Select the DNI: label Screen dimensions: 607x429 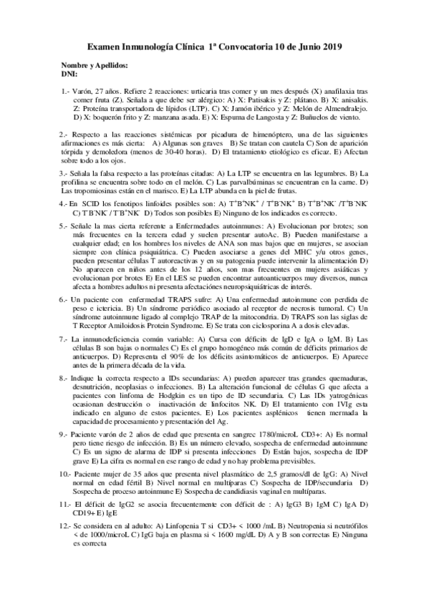tap(69, 74)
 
